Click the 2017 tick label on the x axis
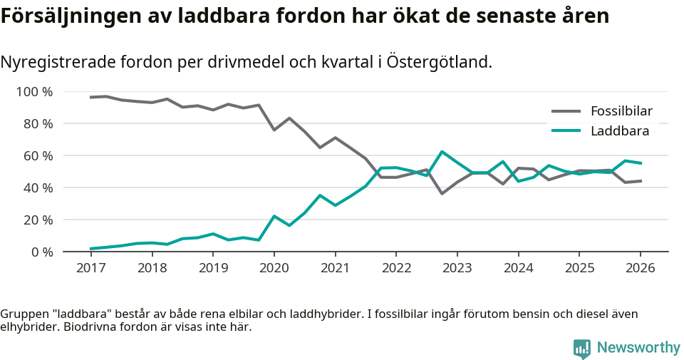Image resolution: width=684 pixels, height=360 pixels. click(x=90, y=268)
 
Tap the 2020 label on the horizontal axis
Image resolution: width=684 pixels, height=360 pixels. click(x=274, y=268)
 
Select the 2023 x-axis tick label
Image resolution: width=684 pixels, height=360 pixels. click(x=457, y=268)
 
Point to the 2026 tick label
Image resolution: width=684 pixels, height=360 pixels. click(x=640, y=268)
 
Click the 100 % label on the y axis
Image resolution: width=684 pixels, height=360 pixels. click(x=34, y=92)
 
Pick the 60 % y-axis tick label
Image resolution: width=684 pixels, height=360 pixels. click(x=38, y=155)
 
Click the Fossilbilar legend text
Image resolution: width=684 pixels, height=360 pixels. click(x=621, y=111)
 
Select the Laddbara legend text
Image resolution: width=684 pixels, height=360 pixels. click(x=619, y=131)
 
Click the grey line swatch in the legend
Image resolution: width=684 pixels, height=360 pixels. click(x=566, y=111)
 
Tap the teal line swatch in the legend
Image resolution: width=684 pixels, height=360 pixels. click(x=566, y=131)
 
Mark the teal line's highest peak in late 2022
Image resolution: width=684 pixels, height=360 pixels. click(x=442, y=151)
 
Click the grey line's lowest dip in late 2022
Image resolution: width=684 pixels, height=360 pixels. click(x=442, y=193)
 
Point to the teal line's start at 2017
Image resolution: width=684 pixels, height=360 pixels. click(x=91, y=249)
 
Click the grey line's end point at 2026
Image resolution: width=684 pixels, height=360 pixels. click(x=641, y=181)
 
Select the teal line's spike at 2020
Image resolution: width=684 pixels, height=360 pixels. click(x=274, y=216)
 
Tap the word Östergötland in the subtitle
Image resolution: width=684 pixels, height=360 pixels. click(x=439, y=63)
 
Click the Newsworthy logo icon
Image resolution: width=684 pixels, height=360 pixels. click(x=581, y=348)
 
